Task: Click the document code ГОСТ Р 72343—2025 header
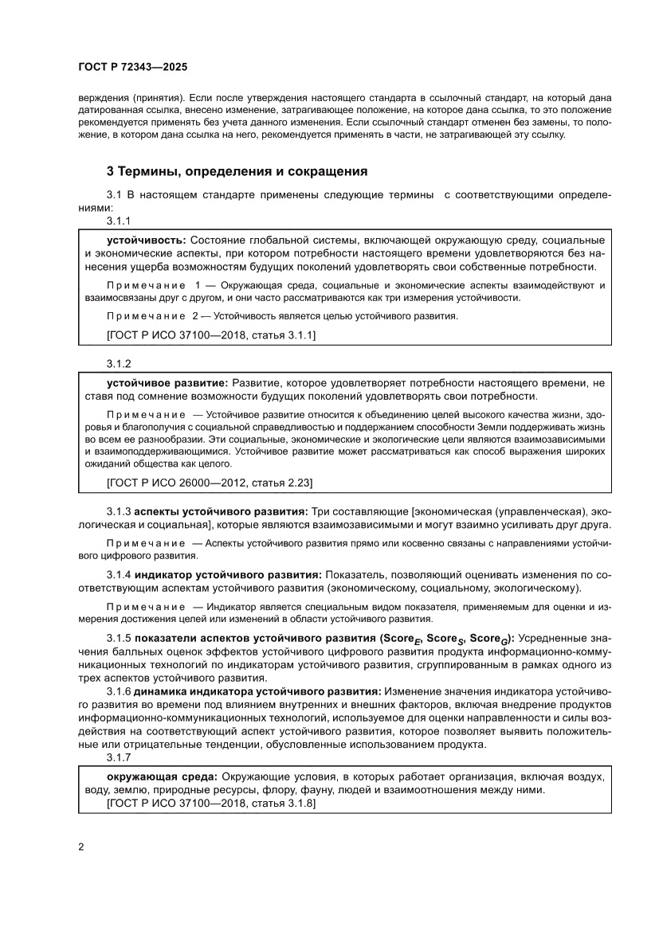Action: coord(132,68)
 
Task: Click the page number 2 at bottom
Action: coord(81,846)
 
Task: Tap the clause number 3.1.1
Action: coord(119,221)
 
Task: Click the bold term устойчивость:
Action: coord(146,240)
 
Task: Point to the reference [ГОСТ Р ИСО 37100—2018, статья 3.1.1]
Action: coord(210,335)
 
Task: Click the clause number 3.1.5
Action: coord(119,638)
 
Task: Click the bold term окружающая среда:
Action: coord(163,775)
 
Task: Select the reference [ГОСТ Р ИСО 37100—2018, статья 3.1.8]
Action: coord(210,804)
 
